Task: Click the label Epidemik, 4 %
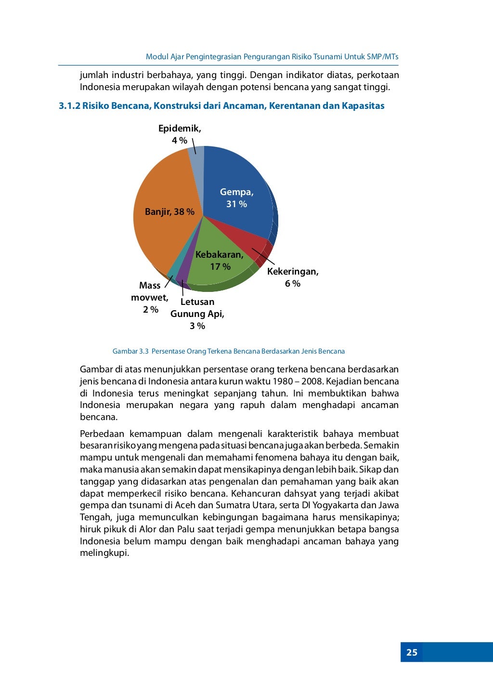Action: [180, 134]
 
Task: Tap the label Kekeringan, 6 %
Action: [293, 277]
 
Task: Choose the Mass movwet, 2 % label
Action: [150, 297]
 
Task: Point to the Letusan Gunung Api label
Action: [197, 314]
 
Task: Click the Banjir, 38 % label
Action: [169, 212]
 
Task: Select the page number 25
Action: [412, 652]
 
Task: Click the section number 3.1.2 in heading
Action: [69, 106]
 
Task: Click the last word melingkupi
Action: [104, 553]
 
